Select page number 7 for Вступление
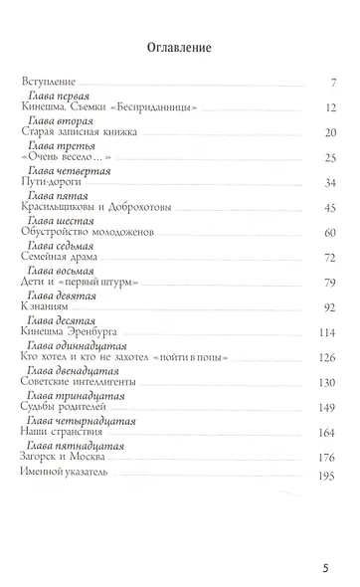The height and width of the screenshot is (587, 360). point(339,81)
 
